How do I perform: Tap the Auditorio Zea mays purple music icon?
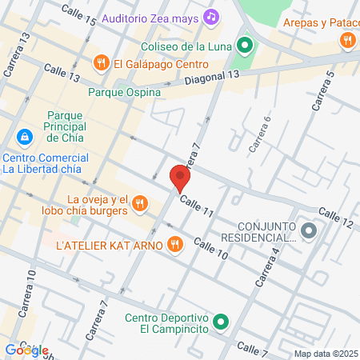click(x=211, y=15)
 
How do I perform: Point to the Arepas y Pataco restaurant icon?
click(x=346, y=38)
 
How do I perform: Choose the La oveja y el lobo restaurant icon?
click(x=139, y=203)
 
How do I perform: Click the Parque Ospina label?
click(x=124, y=92)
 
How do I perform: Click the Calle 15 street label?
click(x=78, y=14)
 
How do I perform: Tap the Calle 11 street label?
click(x=197, y=206)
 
